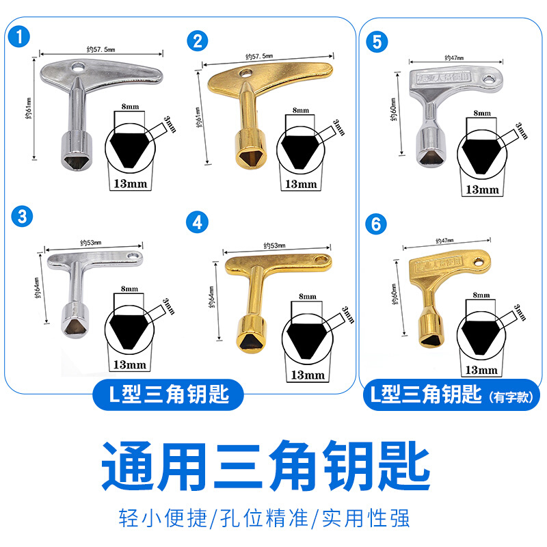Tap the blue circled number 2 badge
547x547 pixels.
click(x=198, y=40)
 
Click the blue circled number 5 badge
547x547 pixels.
click(x=375, y=40)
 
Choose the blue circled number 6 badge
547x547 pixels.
click(x=375, y=223)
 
